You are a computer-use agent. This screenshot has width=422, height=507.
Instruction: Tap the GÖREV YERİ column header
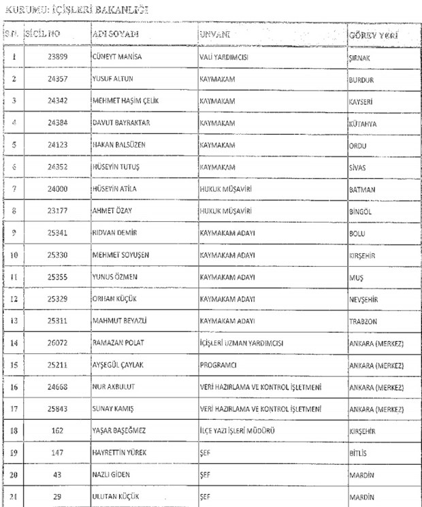pyautogui.click(x=373, y=33)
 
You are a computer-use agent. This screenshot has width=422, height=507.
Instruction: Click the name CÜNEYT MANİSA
pyautogui.click(x=116, y=57)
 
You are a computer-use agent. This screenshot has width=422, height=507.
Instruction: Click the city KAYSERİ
pyautogui.click(x=361, y=102)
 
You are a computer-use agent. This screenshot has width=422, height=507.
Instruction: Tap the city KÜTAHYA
pyautogui.click(x=362, y=125)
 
